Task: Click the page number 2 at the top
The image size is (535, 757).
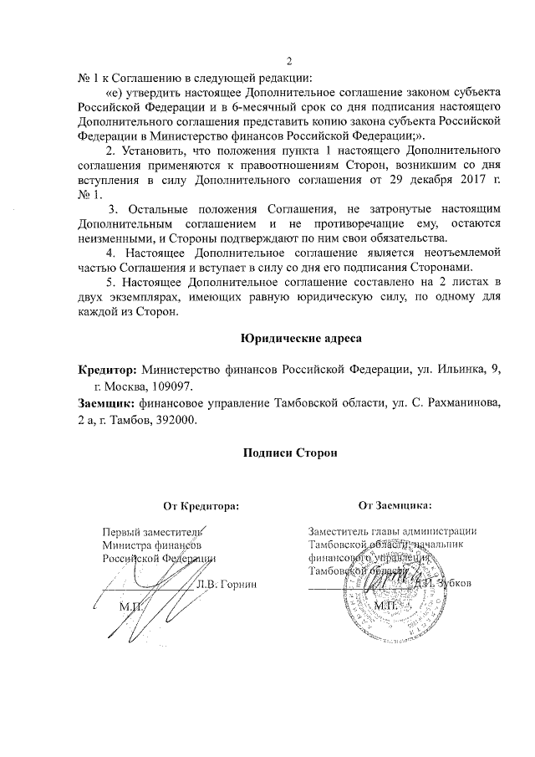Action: [288, 59]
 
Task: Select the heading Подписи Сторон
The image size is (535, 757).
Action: [288, 452]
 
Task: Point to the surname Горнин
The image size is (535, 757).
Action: [238, 583]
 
